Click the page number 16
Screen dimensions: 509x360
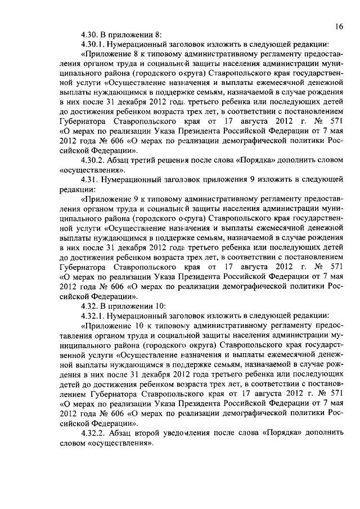pos(339,25)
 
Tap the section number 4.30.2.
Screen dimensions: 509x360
pos(94,160)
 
